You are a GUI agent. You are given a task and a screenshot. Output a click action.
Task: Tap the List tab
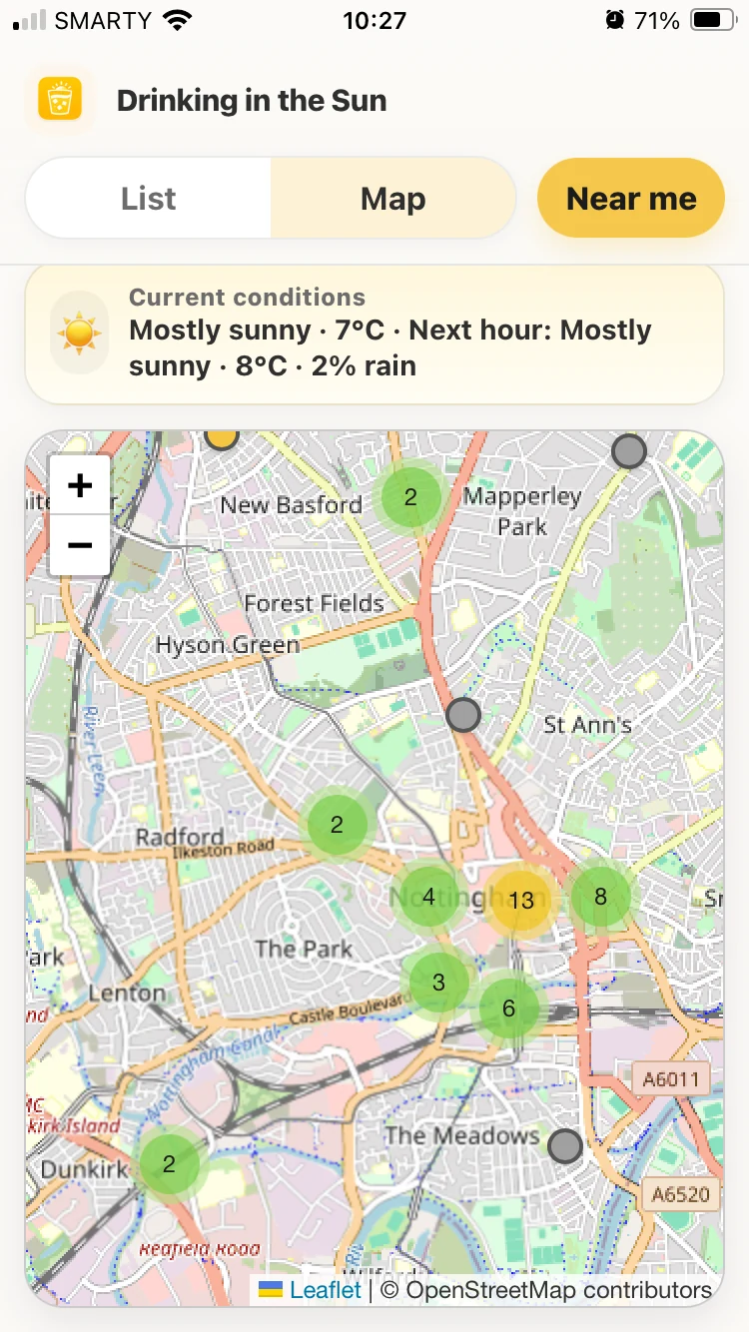click(x=148, y=199)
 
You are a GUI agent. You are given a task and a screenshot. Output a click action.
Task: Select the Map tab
click(x=393, y=199)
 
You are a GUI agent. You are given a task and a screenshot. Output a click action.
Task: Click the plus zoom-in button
click(x=80, y=486)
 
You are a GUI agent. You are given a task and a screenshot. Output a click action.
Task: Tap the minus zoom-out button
click(x=80, y=545)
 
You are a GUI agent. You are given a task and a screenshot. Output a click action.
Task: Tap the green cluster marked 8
click(x=600, y=897)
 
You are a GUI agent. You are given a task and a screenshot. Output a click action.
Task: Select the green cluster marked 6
click(x=508, y=1008)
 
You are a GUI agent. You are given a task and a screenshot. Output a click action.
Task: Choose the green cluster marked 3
click(x=438, y=983)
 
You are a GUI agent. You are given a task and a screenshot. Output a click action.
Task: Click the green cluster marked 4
click(x=428, y=897)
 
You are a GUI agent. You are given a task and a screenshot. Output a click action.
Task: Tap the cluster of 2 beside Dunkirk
click(x=169, y=1164)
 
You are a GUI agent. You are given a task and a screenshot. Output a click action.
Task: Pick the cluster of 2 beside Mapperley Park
click(x=410, y=496)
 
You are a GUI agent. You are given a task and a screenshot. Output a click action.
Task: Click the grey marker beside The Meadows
click(x=565, y=1146)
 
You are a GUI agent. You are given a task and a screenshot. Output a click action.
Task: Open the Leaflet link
click(x=325, y=1290)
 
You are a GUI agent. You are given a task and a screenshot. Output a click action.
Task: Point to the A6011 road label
click(x=671, y=1078)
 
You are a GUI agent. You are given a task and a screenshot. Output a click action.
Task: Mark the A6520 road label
click(x=680, y=1193)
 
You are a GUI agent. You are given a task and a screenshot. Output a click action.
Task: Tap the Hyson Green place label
click(x=228, y=645)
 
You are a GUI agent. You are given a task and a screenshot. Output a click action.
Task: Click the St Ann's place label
click(x=587, y=725)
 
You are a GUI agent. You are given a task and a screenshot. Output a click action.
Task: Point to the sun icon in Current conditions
click(x=79, y=333)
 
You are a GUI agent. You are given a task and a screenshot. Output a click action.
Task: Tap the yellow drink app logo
click(x=60, y=100)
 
